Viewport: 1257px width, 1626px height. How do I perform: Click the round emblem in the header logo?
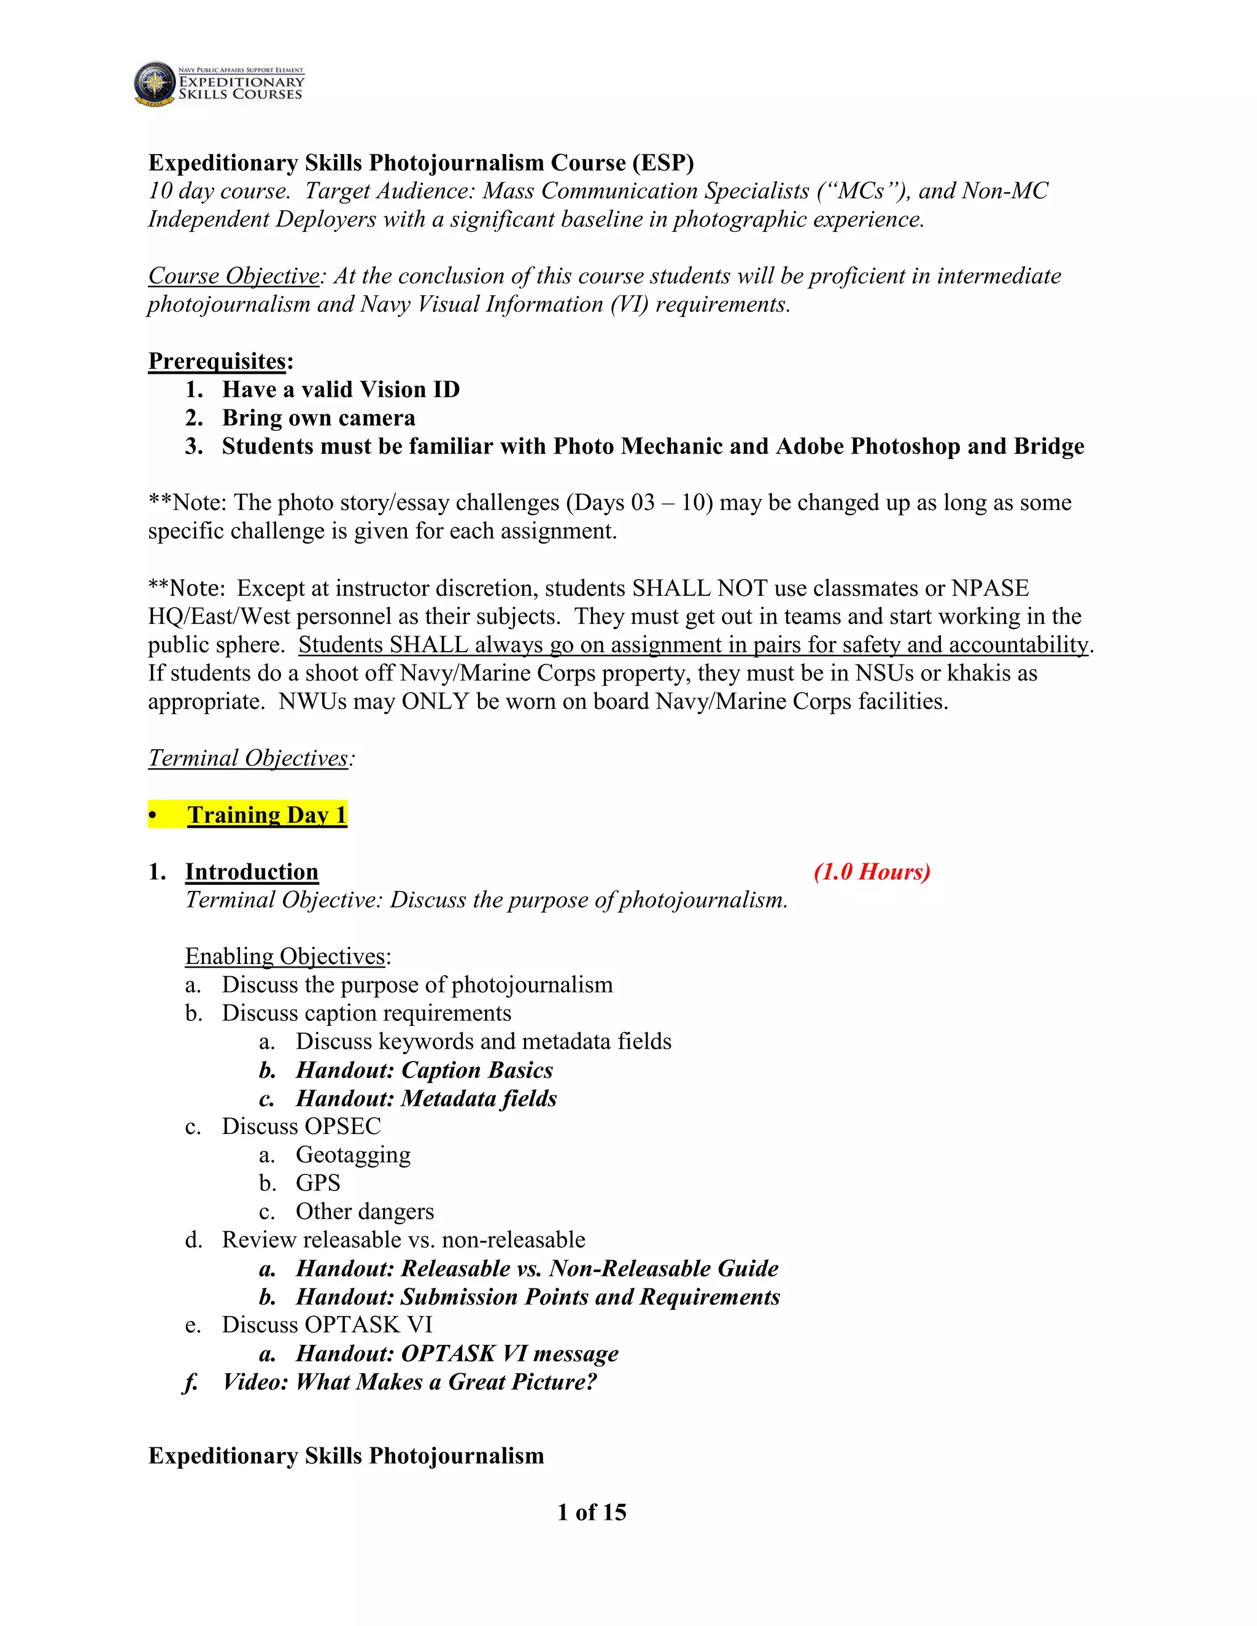(155, 83)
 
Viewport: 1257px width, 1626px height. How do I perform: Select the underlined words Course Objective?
(234, 275)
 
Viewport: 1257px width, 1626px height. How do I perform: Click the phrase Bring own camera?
(319, 418)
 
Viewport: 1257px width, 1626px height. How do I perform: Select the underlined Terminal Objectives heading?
(249, 758)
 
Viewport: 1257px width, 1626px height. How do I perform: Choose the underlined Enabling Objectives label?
(286, 956)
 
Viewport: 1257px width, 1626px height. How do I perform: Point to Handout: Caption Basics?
(425, 1070)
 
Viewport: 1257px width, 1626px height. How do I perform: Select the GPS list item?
(318, 1183)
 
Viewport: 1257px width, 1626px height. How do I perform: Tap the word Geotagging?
(353, 1155)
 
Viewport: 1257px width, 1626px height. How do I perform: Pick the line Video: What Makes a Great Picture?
(409, 1382)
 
